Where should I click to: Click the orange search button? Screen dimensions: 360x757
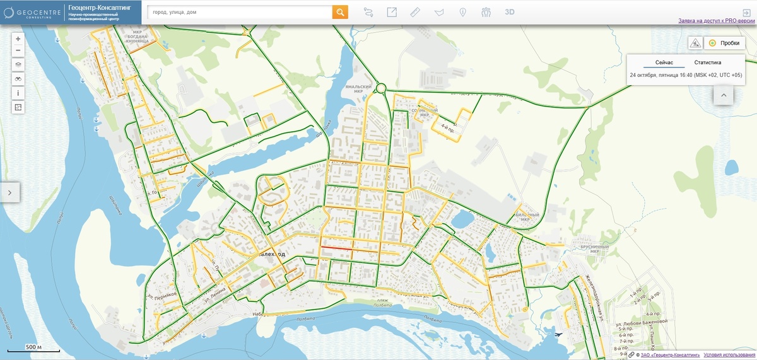[340, 12]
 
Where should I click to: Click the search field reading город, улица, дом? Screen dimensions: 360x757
[240, 12]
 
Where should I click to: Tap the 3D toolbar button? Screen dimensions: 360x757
[510, 12]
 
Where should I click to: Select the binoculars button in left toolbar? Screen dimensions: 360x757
[18, 78]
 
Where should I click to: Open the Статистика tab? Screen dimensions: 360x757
[707, 62]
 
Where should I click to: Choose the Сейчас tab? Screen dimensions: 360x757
[664, 62]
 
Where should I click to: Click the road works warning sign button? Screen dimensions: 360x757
[695, 43]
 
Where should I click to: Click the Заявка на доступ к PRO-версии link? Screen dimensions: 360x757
[717, 21]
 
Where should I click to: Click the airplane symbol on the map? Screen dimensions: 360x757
[558, 334]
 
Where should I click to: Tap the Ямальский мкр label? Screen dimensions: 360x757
[354, 90]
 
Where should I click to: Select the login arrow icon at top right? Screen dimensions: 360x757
[746, 12]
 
